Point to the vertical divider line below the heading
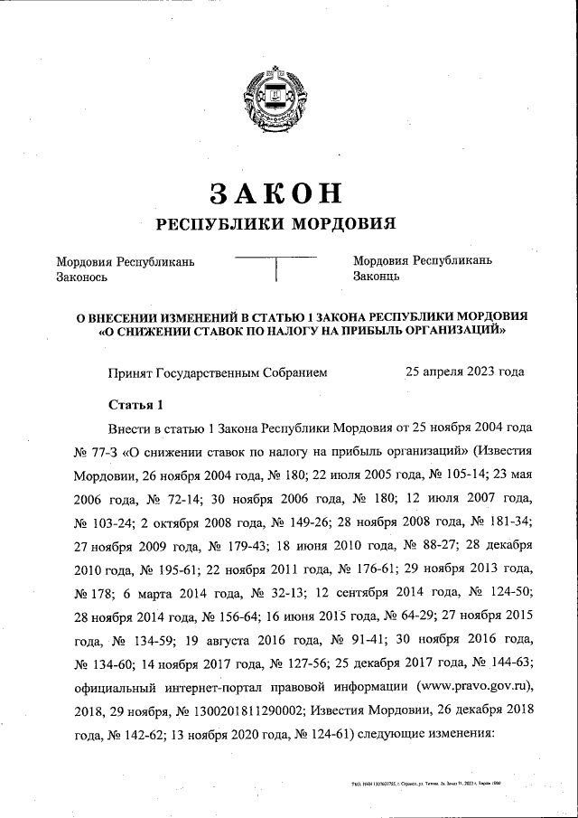(275, 269)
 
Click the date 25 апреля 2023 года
(464, 371)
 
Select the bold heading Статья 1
(135, 403)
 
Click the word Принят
(130, 371)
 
